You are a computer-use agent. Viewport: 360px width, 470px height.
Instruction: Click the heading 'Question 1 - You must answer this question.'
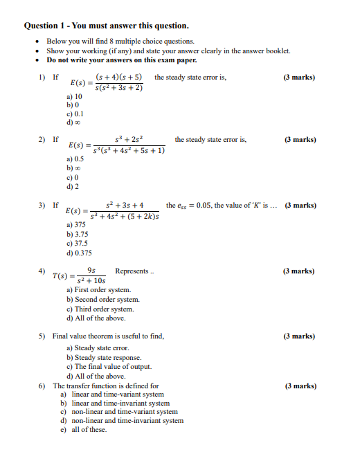coord(106,26)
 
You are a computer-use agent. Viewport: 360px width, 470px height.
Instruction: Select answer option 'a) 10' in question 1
coord(75,96)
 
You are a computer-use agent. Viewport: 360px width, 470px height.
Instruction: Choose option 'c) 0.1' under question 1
coord(75,114)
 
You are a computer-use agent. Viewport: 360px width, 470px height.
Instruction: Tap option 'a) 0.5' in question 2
coord(75,159)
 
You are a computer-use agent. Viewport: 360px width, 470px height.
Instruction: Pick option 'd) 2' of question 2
coord(73,186)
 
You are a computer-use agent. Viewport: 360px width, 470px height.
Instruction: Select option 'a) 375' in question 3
coord(76,225)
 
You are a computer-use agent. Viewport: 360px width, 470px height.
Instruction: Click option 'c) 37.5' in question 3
coord(77,244)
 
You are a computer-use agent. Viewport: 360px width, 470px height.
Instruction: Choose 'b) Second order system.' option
coord(103,300)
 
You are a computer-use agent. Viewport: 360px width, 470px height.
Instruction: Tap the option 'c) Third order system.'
coord(100,309)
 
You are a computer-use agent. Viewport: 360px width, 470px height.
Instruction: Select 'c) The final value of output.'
coord(109,366)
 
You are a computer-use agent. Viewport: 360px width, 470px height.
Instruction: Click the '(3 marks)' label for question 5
coord(300,336)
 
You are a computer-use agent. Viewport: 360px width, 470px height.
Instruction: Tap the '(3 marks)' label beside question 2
coord(300,139)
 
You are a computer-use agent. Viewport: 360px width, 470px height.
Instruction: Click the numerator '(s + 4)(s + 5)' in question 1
coord(119,77)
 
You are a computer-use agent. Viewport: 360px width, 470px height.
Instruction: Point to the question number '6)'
coord(42,386)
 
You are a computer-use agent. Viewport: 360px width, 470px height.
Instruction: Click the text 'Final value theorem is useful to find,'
coord(108,336)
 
